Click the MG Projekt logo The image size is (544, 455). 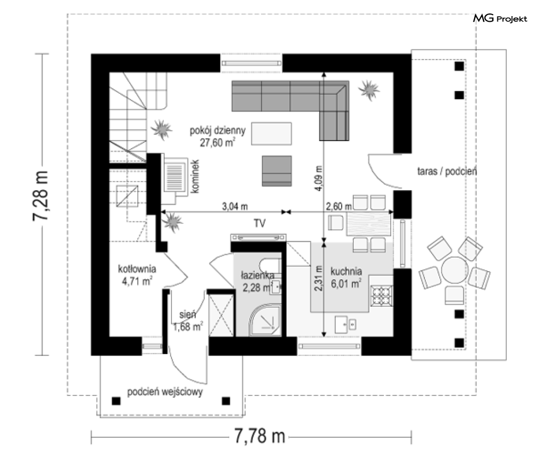[x=500, y=18]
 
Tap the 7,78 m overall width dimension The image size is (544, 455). [x=260, y=436]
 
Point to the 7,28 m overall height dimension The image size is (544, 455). [x=40, y=196]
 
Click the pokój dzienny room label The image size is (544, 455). [x=218, y=131]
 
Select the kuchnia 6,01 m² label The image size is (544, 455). [x=346, y=277]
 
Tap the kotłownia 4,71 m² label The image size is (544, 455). [x=137, y=275]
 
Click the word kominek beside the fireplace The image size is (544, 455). [x=195, y=176]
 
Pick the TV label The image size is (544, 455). [x=260, y=223]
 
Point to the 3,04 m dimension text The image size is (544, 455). [x=235, y=206]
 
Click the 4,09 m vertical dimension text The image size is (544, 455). [x=319, y=178]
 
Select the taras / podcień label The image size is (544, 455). [x=447, y=171]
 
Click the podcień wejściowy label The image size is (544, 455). [x=165, y=392]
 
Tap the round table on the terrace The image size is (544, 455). [x=455, y=271]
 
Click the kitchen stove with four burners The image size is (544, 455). [x=382, y=296]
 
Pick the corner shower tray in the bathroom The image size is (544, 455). [x=265, y=320]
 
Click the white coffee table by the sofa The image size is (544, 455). [x=271, y=133]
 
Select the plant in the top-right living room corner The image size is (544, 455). [x=369, y=90]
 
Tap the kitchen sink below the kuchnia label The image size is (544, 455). [x=346, y=325]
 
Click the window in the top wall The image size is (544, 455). [x=251, y=63]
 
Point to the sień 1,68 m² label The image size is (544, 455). [x=188, y=321]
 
